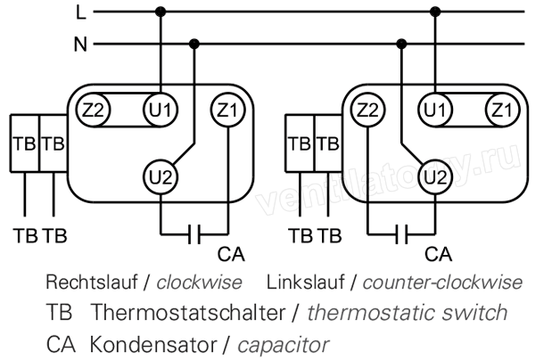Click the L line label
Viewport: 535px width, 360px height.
pyautogui.click(x=81, y=13)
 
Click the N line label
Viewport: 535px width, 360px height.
pyautogui.click(x=80, y=45)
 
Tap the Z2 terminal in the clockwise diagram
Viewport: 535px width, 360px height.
pyautogui.click(x=93, y=110)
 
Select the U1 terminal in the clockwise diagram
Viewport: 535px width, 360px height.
pyautogui.click(x=160, y=110)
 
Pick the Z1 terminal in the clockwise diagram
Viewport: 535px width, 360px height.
pyautogui.click(x=228, y=110)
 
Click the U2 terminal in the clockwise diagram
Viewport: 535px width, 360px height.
pyautogui.click(x=160, y=177)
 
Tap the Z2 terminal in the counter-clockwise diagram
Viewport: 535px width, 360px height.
pyautogui.click(x=367, y=110)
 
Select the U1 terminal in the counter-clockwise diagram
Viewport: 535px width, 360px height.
pyautogui.click(x=435, y=110)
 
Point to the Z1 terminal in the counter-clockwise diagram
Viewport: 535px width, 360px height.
pyautogui.click(x=502, y=110)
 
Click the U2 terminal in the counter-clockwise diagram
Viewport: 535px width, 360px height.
pyautogui.click(x=435, y=177)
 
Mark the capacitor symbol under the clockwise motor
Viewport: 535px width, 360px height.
pyautogui.click(x=194, y=234)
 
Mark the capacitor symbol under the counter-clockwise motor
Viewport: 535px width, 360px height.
pyautogui.click(x=401, y=234)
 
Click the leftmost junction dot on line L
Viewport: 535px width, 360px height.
pyautogui.click(x=160, y=12)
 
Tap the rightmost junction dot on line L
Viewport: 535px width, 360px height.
pyautogui.click(x=435, y=12)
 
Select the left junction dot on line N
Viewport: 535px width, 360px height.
pyautogui.click(x=193, y=44)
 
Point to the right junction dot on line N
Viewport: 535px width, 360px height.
pyautogui.click(x=401, y=44)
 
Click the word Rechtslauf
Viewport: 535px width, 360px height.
pyautogui.click(x=92, y=282)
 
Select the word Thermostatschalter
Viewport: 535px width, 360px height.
pyautogui.click(x=188, y=312)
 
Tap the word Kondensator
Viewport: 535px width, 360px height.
pyautogui.click(x=153, y=345)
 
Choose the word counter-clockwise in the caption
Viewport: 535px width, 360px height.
pyautogui.click(x=442, y=282)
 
